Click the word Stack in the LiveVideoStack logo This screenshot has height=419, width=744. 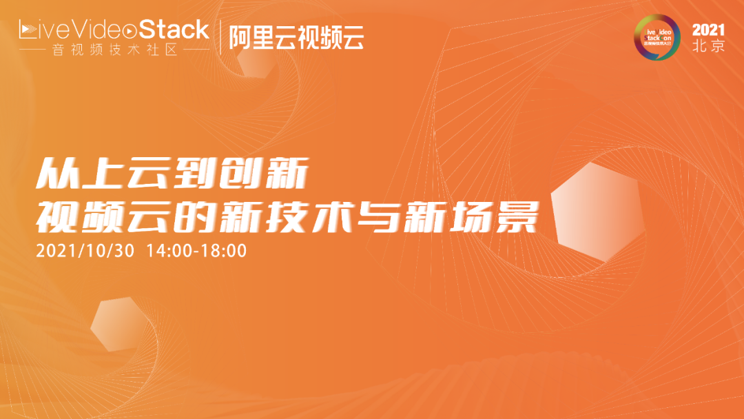174,30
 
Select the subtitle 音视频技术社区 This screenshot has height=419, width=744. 114,50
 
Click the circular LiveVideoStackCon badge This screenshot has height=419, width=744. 660,37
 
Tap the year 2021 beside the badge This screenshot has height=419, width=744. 709,30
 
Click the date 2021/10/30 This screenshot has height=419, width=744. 86,250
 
